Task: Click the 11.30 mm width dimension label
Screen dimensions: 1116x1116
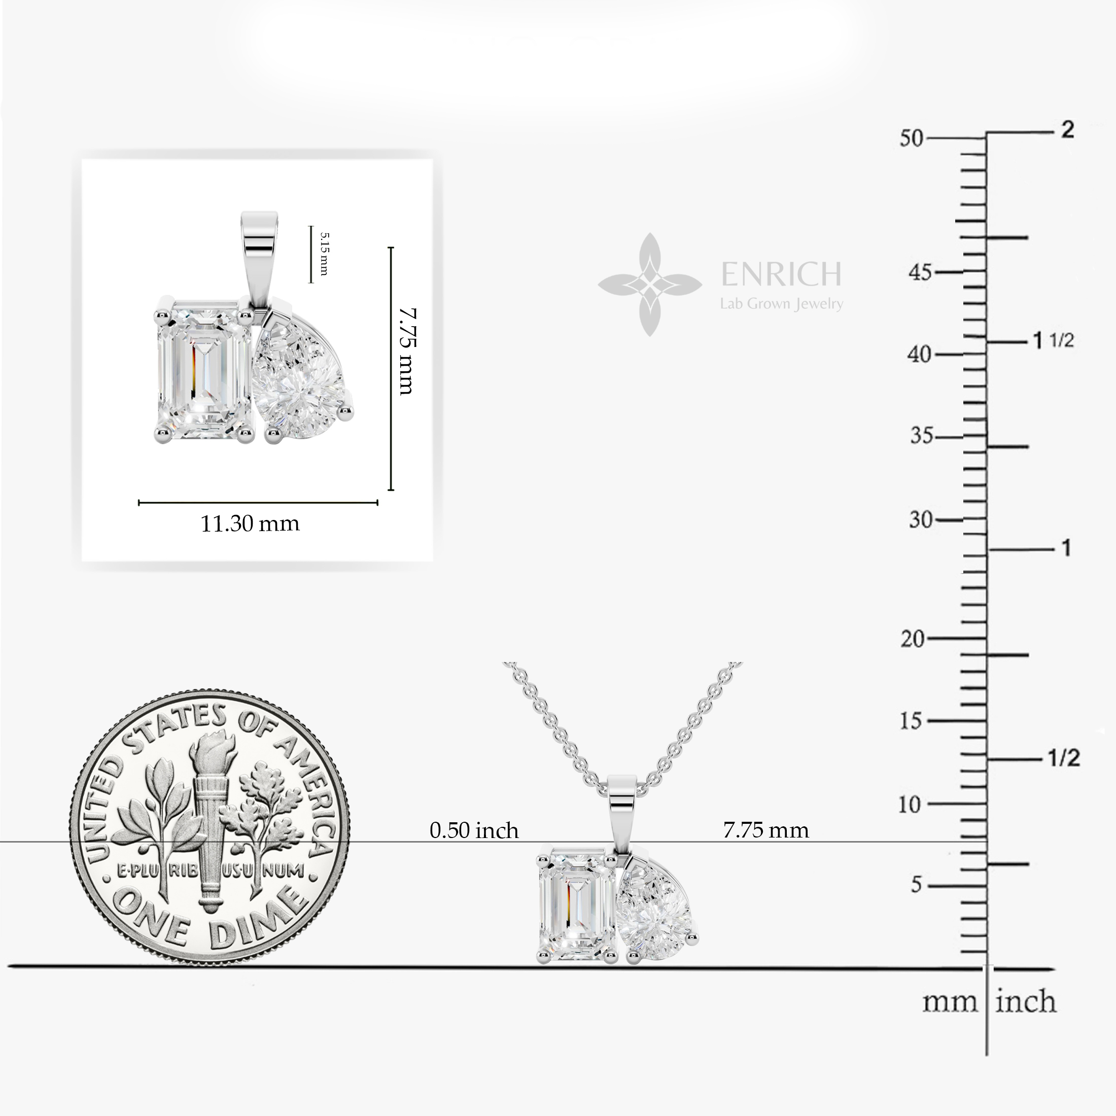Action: [x=250, y=524]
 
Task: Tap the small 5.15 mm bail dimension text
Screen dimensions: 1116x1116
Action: [x=324, y=254]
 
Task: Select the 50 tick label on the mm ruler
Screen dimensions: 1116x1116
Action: [x=912, y=138]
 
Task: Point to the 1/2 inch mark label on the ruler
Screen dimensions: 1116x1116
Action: [x=1063, y=758]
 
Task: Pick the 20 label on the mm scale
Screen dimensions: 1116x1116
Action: [x=913, y=639]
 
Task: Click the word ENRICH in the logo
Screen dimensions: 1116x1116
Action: [x=781, y=274]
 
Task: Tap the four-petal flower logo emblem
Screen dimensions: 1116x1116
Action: [x=650, y=284]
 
